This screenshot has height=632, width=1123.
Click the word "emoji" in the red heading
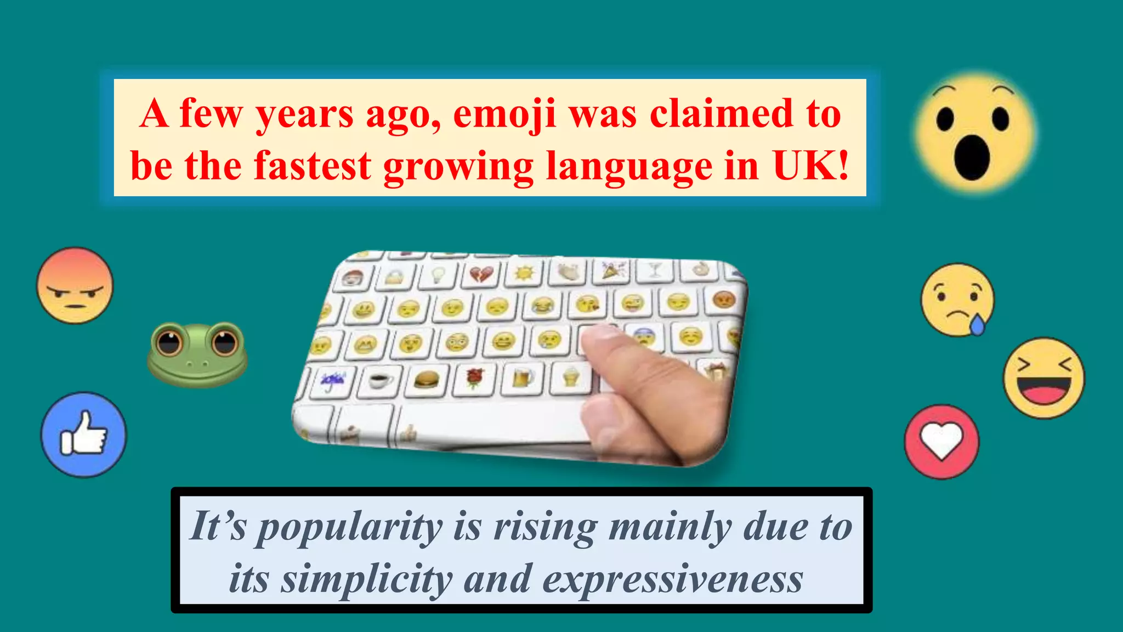click(504, 115)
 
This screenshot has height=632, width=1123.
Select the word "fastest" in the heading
click(312, 166)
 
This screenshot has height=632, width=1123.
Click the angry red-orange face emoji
click(75, 285)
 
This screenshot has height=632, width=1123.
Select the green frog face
click(197, 354)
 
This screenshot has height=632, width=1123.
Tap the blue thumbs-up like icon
click(83, 435)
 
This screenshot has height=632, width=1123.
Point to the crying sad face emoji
click(957, 300)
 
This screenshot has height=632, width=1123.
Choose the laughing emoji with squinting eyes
click(1043, 378)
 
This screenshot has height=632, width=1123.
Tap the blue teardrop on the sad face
click(977, 325)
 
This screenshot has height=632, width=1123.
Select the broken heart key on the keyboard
click(481, 273)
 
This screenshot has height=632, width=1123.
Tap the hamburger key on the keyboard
click(427, 380)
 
